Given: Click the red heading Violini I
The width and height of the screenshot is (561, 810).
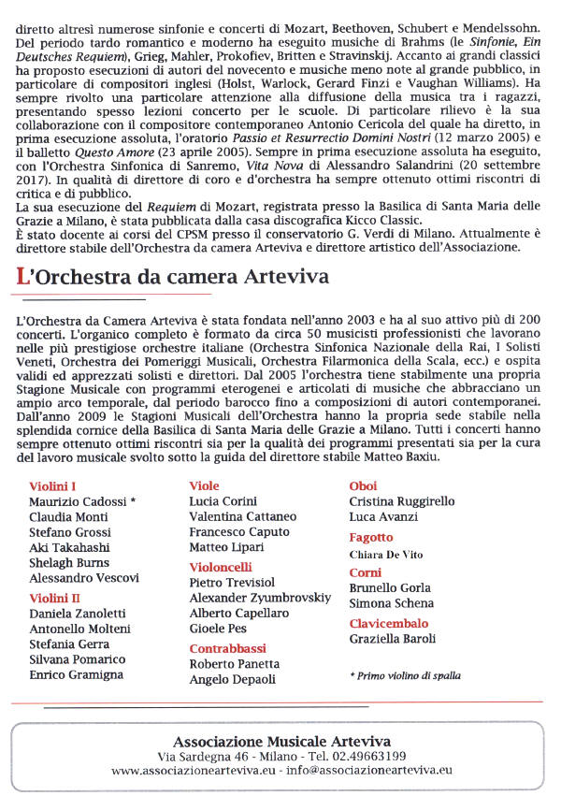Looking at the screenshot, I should coord(52,486).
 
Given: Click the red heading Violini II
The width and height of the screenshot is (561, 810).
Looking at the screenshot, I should coord(55,598).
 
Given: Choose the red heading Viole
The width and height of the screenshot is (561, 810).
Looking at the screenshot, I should coord(204,486).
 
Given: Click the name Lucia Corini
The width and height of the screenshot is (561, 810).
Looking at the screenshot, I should coord(223,502).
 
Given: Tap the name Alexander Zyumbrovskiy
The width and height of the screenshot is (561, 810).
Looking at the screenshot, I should coord(260,598).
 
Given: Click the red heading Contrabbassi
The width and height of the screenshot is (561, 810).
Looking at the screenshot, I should coord(227,648).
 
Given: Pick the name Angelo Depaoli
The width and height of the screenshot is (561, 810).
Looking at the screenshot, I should coord(233,680).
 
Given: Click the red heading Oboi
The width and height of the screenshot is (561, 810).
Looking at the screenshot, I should coord(363,486).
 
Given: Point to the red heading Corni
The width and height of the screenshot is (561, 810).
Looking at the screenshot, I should coord(365,572).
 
